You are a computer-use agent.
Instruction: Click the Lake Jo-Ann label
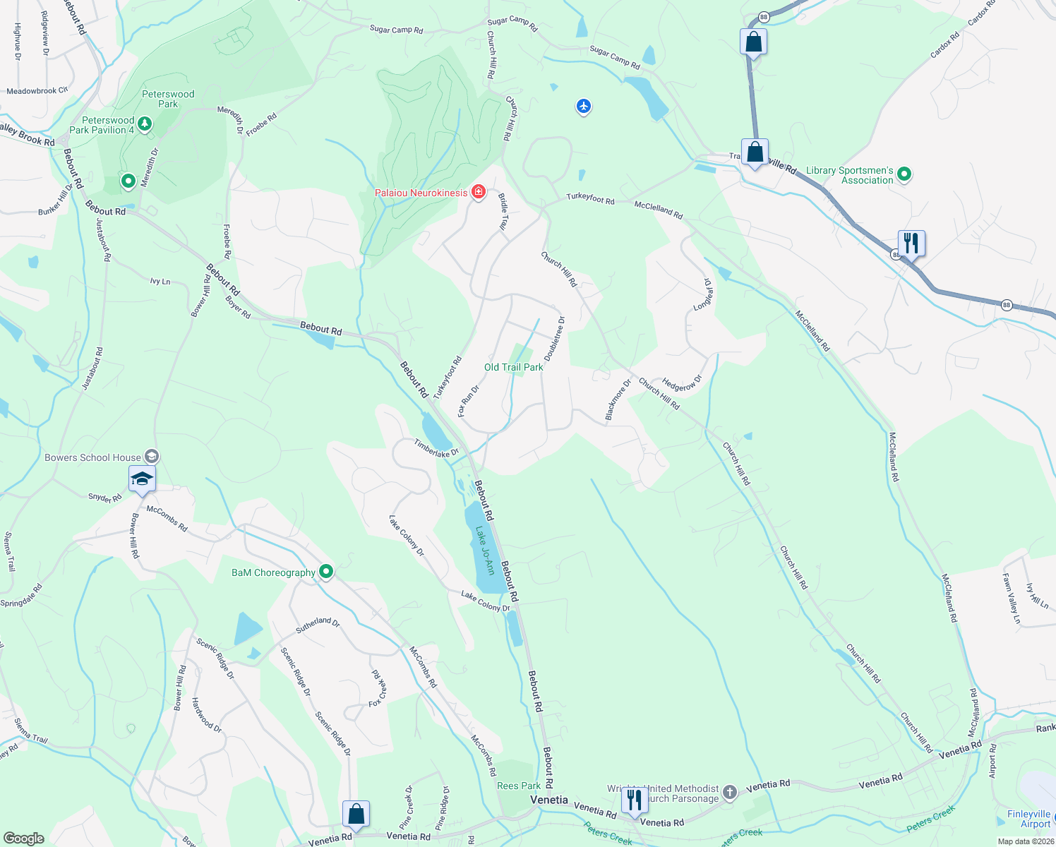484,551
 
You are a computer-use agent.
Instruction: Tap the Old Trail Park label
514,367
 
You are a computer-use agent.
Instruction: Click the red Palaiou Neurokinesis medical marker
479,192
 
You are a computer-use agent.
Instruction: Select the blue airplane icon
583,107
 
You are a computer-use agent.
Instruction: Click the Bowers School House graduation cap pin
142,479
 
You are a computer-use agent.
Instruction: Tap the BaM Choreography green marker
325,572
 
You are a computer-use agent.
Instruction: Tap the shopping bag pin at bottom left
356,814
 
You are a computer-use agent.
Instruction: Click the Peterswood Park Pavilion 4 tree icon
145,125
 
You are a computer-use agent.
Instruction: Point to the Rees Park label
519,786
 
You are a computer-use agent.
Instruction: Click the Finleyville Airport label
1028,819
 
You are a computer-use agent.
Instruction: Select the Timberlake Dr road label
436,447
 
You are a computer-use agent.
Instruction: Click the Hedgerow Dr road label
682,383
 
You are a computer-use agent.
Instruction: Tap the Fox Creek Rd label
378,689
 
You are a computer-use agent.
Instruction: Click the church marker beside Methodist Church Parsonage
730,793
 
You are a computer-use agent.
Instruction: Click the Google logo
24,839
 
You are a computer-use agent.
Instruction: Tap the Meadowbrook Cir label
37,91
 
